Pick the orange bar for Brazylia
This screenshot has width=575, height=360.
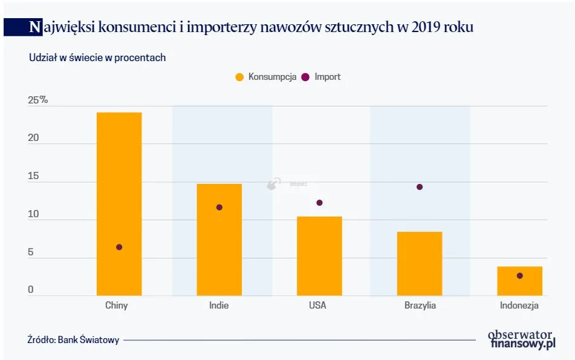click(x=420, y=264)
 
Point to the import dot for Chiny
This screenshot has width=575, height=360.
click(x=119, y=247)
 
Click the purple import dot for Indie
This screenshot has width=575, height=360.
click(x=219, y=208)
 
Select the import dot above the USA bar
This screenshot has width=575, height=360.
click(x=319, y=203)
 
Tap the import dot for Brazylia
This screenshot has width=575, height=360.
click(x=420, y=187)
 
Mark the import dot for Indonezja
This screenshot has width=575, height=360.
click(x=519, y=276)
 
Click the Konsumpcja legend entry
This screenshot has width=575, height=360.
click(x=266, y=77)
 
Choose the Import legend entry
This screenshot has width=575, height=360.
click(x=322, y=77)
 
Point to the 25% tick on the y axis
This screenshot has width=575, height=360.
click(x=37, y=100)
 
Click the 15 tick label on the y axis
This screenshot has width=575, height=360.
click(x=33, y=177)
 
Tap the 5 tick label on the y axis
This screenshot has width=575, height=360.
click(x=31, y=253)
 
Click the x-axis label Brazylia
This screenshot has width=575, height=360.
click(x=420, y=306)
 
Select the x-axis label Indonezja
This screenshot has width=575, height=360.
click(x=519, y=306)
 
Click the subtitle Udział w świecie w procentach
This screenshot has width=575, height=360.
click(x=97, y=57)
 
